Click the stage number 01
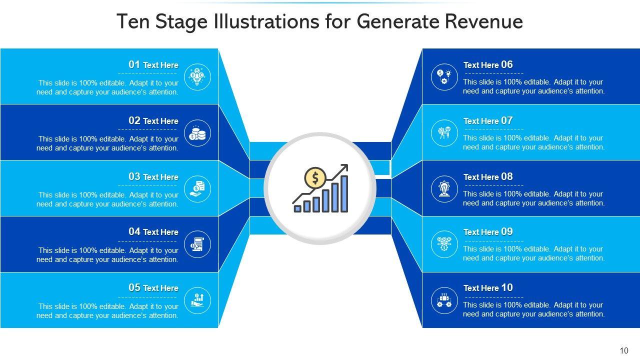click(134, 64)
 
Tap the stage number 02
click(134, 120)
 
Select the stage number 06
click(507, 64)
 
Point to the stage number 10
click(507, 287)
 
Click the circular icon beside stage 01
click(197, 77)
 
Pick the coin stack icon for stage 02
click(197, 133)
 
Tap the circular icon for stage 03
click(197, 189)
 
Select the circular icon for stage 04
click(197, 245)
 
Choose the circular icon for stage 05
click(197, 301)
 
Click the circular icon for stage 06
click(444, 77)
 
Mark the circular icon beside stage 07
click(444, 133)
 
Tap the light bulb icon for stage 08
click(444, 189)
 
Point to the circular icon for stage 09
click(444, 244)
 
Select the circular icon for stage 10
click(444, 300)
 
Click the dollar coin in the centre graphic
click(315, 177)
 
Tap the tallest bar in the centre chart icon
click(344, 193)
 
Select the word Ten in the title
click(131, 22)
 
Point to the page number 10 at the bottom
click(623, 351)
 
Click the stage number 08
click(507, 176)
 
